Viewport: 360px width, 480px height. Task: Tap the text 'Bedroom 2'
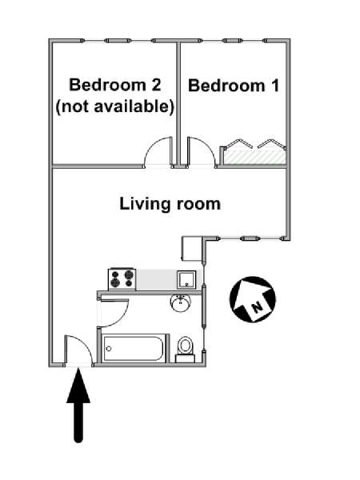115,86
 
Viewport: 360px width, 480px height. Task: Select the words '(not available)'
115,106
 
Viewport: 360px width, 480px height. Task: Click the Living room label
170,204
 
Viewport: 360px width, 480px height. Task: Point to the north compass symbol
253,299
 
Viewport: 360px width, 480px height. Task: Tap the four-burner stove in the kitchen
122,278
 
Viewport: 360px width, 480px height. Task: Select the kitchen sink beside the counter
186,278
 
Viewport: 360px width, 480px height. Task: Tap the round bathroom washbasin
181,304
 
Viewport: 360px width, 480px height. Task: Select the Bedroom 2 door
158,151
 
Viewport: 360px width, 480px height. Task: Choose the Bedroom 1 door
200,151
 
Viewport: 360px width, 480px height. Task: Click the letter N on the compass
255,305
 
